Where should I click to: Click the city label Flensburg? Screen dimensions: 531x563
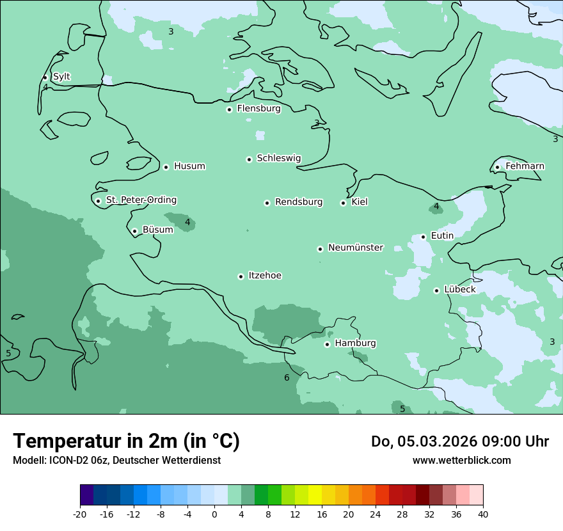point(258,109)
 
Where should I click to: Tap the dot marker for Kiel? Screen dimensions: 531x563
point(343,203)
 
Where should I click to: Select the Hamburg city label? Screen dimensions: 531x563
point(355,344)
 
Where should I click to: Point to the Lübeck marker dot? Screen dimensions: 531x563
point(436,290)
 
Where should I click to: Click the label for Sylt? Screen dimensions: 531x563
point(61,77)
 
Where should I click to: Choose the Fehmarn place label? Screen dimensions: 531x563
point(525,166)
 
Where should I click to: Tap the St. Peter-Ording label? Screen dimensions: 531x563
point(141,200)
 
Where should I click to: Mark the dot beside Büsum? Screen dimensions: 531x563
point(134,231)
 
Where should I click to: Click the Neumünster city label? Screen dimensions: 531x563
point(356,248)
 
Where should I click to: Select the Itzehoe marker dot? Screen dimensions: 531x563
point(241,276)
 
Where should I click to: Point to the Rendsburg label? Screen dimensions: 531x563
point(299,202)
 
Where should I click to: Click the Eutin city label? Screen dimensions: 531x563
point(442,236)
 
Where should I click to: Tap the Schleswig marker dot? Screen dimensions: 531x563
point(249,159)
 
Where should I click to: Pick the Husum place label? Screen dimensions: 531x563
point(189,166)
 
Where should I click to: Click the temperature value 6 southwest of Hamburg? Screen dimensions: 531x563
point(287,378)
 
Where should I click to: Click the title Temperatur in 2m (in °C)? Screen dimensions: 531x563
point(126,441)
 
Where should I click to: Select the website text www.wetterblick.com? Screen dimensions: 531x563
point(461,461)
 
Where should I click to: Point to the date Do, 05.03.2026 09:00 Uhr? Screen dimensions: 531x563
point(459,441)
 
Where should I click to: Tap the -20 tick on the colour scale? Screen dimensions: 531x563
point(80,514)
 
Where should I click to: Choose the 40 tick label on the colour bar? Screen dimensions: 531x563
point(483,514)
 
